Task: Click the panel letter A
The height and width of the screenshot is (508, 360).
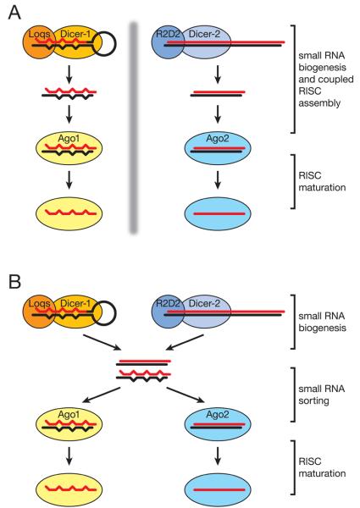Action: (14, 13)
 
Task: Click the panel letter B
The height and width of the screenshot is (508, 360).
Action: (14, 281)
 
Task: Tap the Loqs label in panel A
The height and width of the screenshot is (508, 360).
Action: (39, 35)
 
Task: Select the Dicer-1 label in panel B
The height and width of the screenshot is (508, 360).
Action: (75, 304)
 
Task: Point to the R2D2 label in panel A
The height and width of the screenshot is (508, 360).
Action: (168, 34)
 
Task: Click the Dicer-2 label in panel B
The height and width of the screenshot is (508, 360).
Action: (204, 303)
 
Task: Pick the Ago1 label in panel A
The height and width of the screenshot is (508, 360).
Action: (69, 139)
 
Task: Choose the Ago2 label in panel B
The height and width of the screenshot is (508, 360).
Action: (218, 414)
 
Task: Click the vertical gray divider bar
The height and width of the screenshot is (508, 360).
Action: (134, 127)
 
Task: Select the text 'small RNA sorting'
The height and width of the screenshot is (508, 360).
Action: (321, 395)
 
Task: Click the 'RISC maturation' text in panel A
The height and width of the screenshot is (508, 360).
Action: (322, 181)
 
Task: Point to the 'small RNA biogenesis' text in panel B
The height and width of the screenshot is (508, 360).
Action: (322, 322)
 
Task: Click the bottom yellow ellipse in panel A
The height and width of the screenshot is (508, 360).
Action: (69, 213)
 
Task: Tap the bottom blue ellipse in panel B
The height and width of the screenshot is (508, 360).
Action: (218, 490)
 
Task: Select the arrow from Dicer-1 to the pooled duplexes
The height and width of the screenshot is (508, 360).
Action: (102, 342)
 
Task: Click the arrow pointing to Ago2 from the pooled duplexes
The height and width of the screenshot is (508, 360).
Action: (186, 395)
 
